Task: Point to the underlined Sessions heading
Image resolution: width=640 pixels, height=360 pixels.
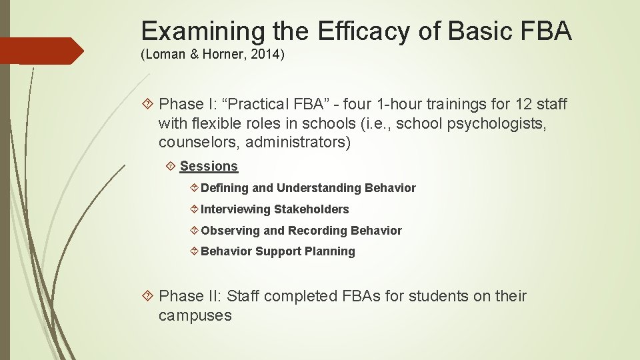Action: [x=209, y=166]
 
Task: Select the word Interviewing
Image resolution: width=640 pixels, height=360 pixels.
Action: [x=236, y=209]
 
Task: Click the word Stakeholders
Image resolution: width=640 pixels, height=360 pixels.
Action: [x=311, y=209]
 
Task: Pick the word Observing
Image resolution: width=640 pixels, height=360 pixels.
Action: [x=231, y=231]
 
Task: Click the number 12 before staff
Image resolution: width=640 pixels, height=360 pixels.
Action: [x=523, y=104]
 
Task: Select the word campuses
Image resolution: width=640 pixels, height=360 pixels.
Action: [x=195, y=315]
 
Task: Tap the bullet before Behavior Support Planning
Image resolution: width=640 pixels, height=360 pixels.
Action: [x=194, y=251]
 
